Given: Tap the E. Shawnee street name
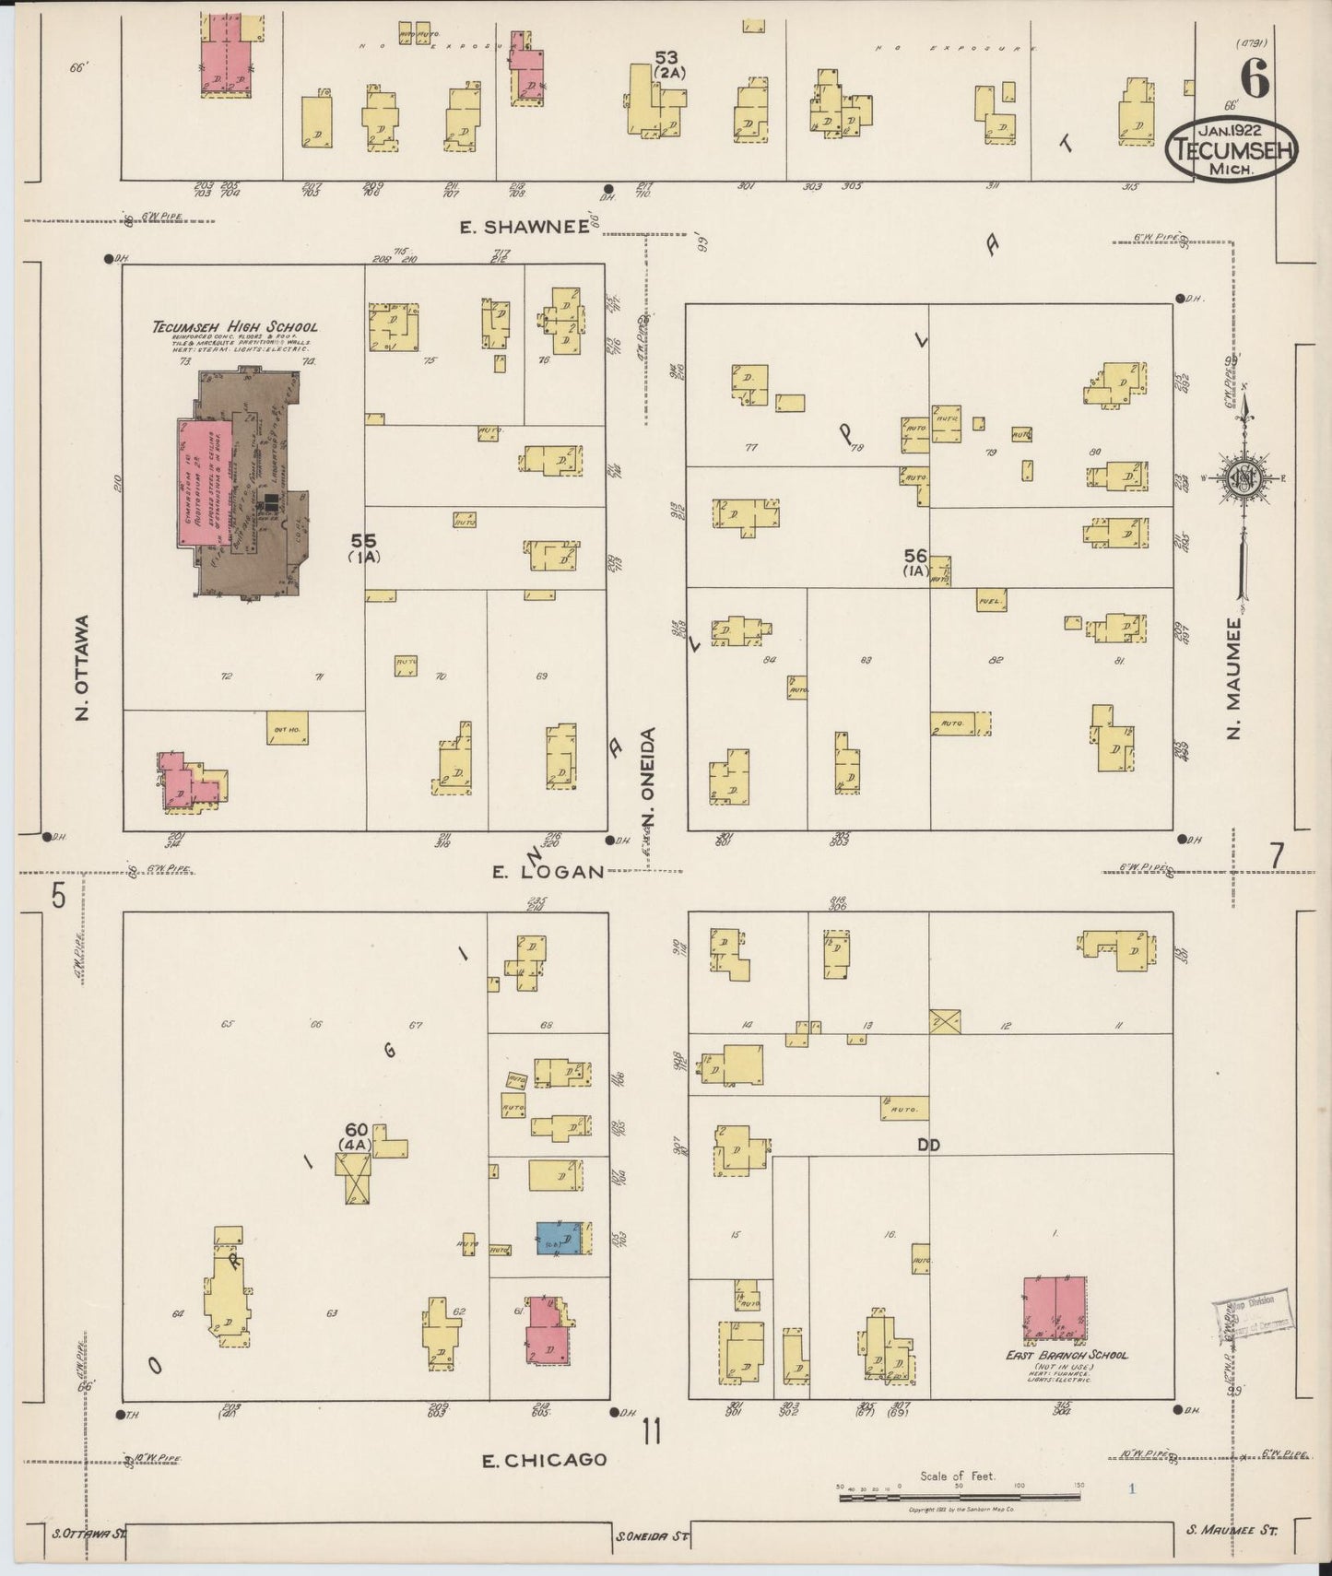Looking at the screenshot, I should point(525,228).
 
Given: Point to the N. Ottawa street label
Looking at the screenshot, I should point(83,667).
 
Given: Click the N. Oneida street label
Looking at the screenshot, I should point(649,779).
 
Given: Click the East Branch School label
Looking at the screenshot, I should point(1067,1355).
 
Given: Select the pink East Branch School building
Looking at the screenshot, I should point(1055,1308).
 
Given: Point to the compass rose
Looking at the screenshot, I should point(1244,477).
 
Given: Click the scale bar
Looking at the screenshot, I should point(959,1498).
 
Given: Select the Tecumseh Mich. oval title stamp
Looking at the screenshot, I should point(1232,147).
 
